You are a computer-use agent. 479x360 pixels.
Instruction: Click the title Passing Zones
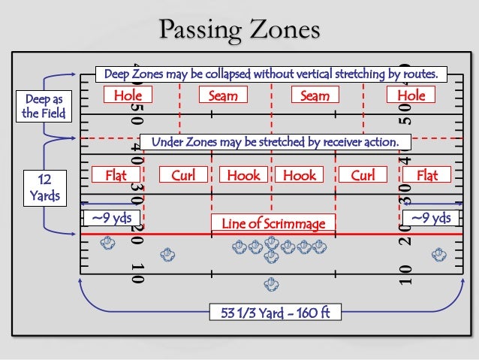[239, 30]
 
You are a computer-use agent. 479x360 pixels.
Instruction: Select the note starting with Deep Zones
[271, 74]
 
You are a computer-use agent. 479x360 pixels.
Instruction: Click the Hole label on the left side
[128, 95]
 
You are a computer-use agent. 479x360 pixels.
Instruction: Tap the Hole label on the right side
[411, 95]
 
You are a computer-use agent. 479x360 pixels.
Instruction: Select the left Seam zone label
[224, 95]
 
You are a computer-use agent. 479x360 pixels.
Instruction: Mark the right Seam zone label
[315, 95]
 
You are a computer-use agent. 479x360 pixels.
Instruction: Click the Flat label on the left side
[116, 176]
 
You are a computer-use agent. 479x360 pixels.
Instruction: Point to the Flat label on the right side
[427, 176]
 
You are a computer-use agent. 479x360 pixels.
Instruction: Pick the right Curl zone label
[363, 176]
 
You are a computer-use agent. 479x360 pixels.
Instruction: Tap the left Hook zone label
[244, 176]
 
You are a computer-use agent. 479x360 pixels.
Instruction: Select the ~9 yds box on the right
[430, 218]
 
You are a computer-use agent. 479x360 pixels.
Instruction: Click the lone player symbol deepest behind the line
[270, 285]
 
